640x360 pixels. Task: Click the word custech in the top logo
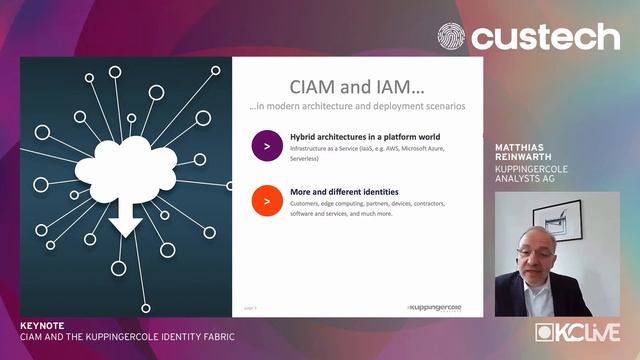point(546,37)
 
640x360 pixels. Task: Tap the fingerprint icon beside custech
point(452,37)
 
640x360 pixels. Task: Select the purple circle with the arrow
point(266,146)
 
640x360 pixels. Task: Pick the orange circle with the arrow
point(266,201)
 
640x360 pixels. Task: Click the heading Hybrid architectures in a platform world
point(365,136)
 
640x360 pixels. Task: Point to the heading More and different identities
point(344,191)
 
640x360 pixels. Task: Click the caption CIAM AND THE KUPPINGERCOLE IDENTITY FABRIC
point(127,337)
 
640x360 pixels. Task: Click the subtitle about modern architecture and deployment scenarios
point(356,106)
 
